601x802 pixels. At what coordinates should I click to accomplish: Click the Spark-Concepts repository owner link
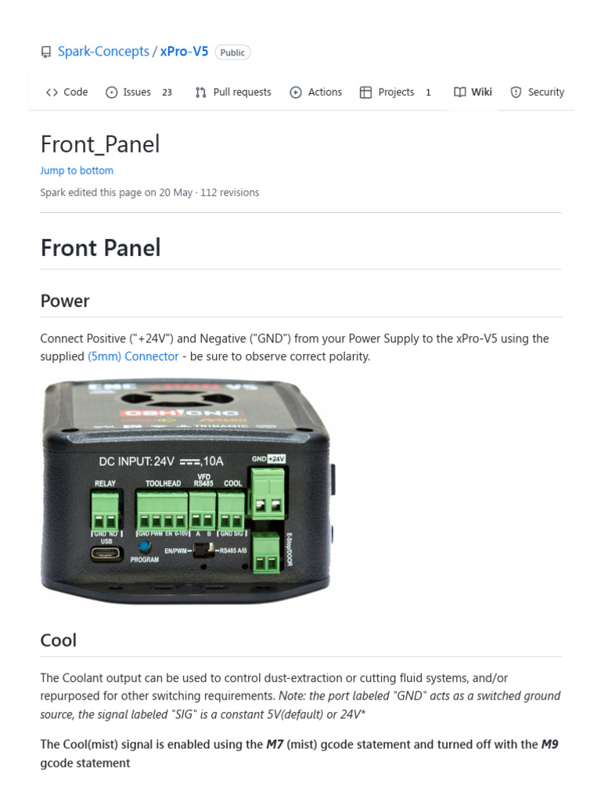pyautogui.click(x=103, y=52)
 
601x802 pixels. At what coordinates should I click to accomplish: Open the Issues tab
pyautogui.click(x=137, y=92)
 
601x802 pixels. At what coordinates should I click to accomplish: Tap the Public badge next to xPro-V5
pyautogui.click(x=232, y=52)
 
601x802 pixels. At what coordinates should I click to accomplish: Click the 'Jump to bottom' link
pyautogui.click(x=77, y=171)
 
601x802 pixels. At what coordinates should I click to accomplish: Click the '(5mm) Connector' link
pyautogui.click(x=133, y=356)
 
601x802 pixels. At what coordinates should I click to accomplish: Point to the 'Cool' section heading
pyautogui.click(x=59, y=640)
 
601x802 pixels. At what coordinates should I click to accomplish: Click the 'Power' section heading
pyautogui.click(x=65, y=301)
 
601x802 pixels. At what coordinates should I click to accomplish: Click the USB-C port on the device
pyautogui.click(x=106, y=554)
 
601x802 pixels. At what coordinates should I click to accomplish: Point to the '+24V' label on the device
pyautogui.click(x=276, y=458)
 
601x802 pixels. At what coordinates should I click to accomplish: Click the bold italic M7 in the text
pyautogui.click(x=274, y=745)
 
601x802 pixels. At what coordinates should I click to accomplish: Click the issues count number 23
pyautogui.click(x=167, y=92)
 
